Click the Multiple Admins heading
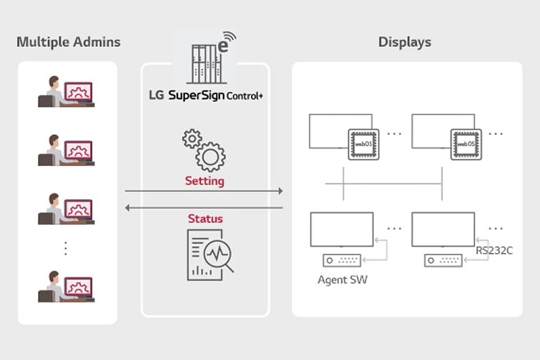click(68, 42)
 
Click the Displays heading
click(404, 42)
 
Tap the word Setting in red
click(205, 181)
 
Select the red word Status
click(205, 219)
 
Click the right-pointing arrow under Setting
click(204, 191)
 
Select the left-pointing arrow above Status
click(204, 207)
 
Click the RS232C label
click(494, 250)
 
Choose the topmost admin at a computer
click(66, 91)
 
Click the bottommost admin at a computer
click(66, 286)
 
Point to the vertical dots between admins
click(66, 248)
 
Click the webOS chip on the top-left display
click(363, 143)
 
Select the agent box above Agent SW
click(342, 260)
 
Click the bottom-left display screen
click(342, 229)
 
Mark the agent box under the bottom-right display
click(444, 260)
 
